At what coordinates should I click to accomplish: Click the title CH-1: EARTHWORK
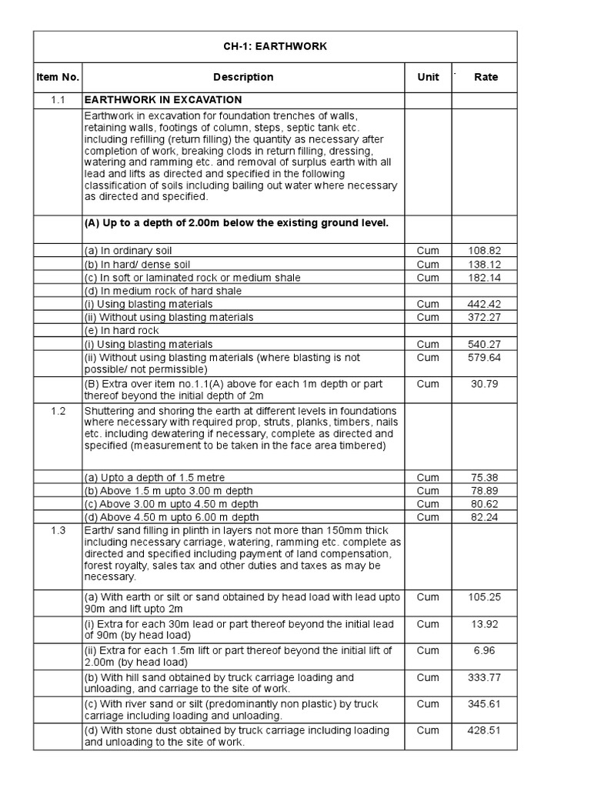[x=275, y=46]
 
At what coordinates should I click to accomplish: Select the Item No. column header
[x=57, y=77]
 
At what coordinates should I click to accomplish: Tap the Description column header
[x=243, y=77]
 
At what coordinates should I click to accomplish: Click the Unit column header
[x=428, y=77]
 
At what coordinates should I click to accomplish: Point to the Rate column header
[x=486, y=77]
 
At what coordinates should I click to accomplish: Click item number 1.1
[x=58, y=100]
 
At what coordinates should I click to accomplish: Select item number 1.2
[x=58, y=411]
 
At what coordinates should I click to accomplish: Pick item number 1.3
[x=58, y=531]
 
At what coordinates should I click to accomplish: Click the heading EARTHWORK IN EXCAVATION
[x=163, y=100]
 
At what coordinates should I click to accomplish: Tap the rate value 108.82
[x=484, y=251]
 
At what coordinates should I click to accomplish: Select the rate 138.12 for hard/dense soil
[x=484, y=264]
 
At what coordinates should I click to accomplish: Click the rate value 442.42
[x=484, y=304]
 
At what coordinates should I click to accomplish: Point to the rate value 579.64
[x=484, y=358]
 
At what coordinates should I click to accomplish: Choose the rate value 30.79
[x=484, y=384]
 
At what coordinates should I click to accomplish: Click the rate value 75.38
[x=484, y=477]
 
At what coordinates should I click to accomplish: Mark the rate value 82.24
[x=484, y=517]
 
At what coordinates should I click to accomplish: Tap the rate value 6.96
[x=484, y=651]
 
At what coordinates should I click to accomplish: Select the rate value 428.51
[x=484, y=731]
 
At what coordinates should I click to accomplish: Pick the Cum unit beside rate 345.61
[x=428, y=704]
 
